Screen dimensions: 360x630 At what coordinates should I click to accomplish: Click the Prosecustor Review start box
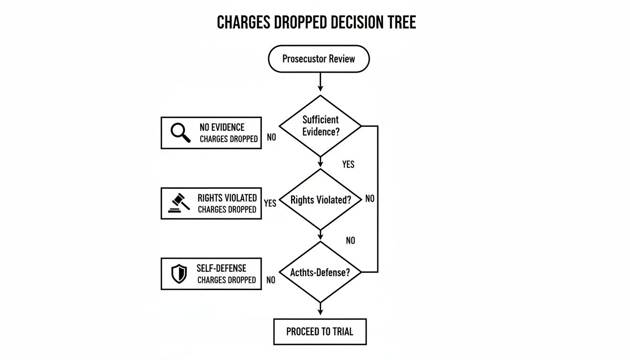[319, 59]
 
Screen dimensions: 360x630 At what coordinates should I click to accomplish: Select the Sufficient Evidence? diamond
[320, 126]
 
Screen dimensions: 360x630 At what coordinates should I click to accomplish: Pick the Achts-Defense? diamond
[320, 272]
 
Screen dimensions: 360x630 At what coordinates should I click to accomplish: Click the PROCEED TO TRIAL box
[320, 332]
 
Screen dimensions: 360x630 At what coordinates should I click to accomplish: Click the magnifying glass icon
[180, 133]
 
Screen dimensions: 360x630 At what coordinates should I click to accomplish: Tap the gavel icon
[179, 203]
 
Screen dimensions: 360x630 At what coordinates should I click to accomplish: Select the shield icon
[179, 273]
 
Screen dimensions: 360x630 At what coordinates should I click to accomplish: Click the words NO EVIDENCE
[222, 127]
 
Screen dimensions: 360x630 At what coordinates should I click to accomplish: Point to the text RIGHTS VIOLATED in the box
[227, 198]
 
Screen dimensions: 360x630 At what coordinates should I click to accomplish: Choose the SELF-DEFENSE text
[222, 269]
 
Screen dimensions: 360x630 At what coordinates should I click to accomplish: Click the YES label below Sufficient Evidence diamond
[348, 165]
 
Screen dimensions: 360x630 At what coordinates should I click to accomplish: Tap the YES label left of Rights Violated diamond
[270, 203]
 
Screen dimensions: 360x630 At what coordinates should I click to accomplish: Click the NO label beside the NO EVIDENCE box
[271, 137]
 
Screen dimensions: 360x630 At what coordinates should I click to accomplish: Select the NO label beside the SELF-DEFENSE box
[270, 280]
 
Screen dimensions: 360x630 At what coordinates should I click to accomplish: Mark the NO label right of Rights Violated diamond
[370, 199]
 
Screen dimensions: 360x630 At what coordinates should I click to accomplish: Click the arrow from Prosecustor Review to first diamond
[321, 82]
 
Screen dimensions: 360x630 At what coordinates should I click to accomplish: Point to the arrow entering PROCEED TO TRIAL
[321, 309]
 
